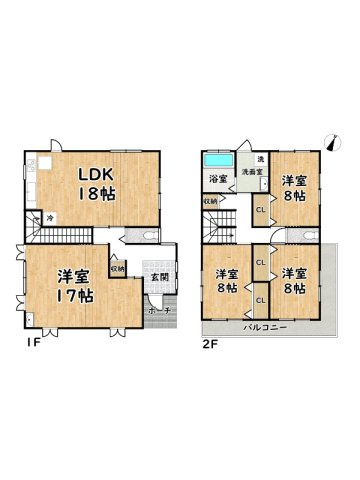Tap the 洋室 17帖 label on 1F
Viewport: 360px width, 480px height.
click(x=75, y=285)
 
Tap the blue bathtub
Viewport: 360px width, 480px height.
click(x=217, y=159)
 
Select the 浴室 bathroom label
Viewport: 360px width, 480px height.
click(x=217, y=180)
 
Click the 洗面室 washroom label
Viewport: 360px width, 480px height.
click(x=252, y=172)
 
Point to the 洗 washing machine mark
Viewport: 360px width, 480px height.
click(x=259, y=159)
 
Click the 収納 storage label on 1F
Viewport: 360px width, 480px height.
click(x=117, y=268)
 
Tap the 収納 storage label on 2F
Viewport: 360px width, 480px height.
click(x=210, y=200)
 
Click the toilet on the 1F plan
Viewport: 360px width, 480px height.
click(x=147, y=236)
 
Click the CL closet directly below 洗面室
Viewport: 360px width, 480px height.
click(x=259, y=210)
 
